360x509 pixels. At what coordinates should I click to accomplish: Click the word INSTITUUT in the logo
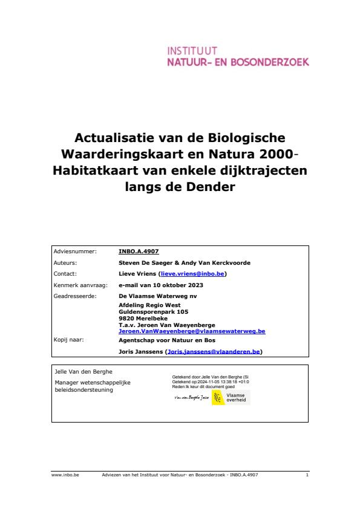click(x=192, y=50)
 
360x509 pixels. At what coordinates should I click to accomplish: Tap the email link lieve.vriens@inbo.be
click(x=185, y=274)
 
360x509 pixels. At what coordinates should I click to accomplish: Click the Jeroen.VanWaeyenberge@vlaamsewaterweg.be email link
click(x=192, y=331)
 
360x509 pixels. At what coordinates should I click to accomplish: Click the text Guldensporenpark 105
click(x=153, y=311)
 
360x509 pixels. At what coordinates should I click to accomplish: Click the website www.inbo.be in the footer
click(x=65, y=475)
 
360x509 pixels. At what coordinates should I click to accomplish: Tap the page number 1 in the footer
click(x=307, y=475)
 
